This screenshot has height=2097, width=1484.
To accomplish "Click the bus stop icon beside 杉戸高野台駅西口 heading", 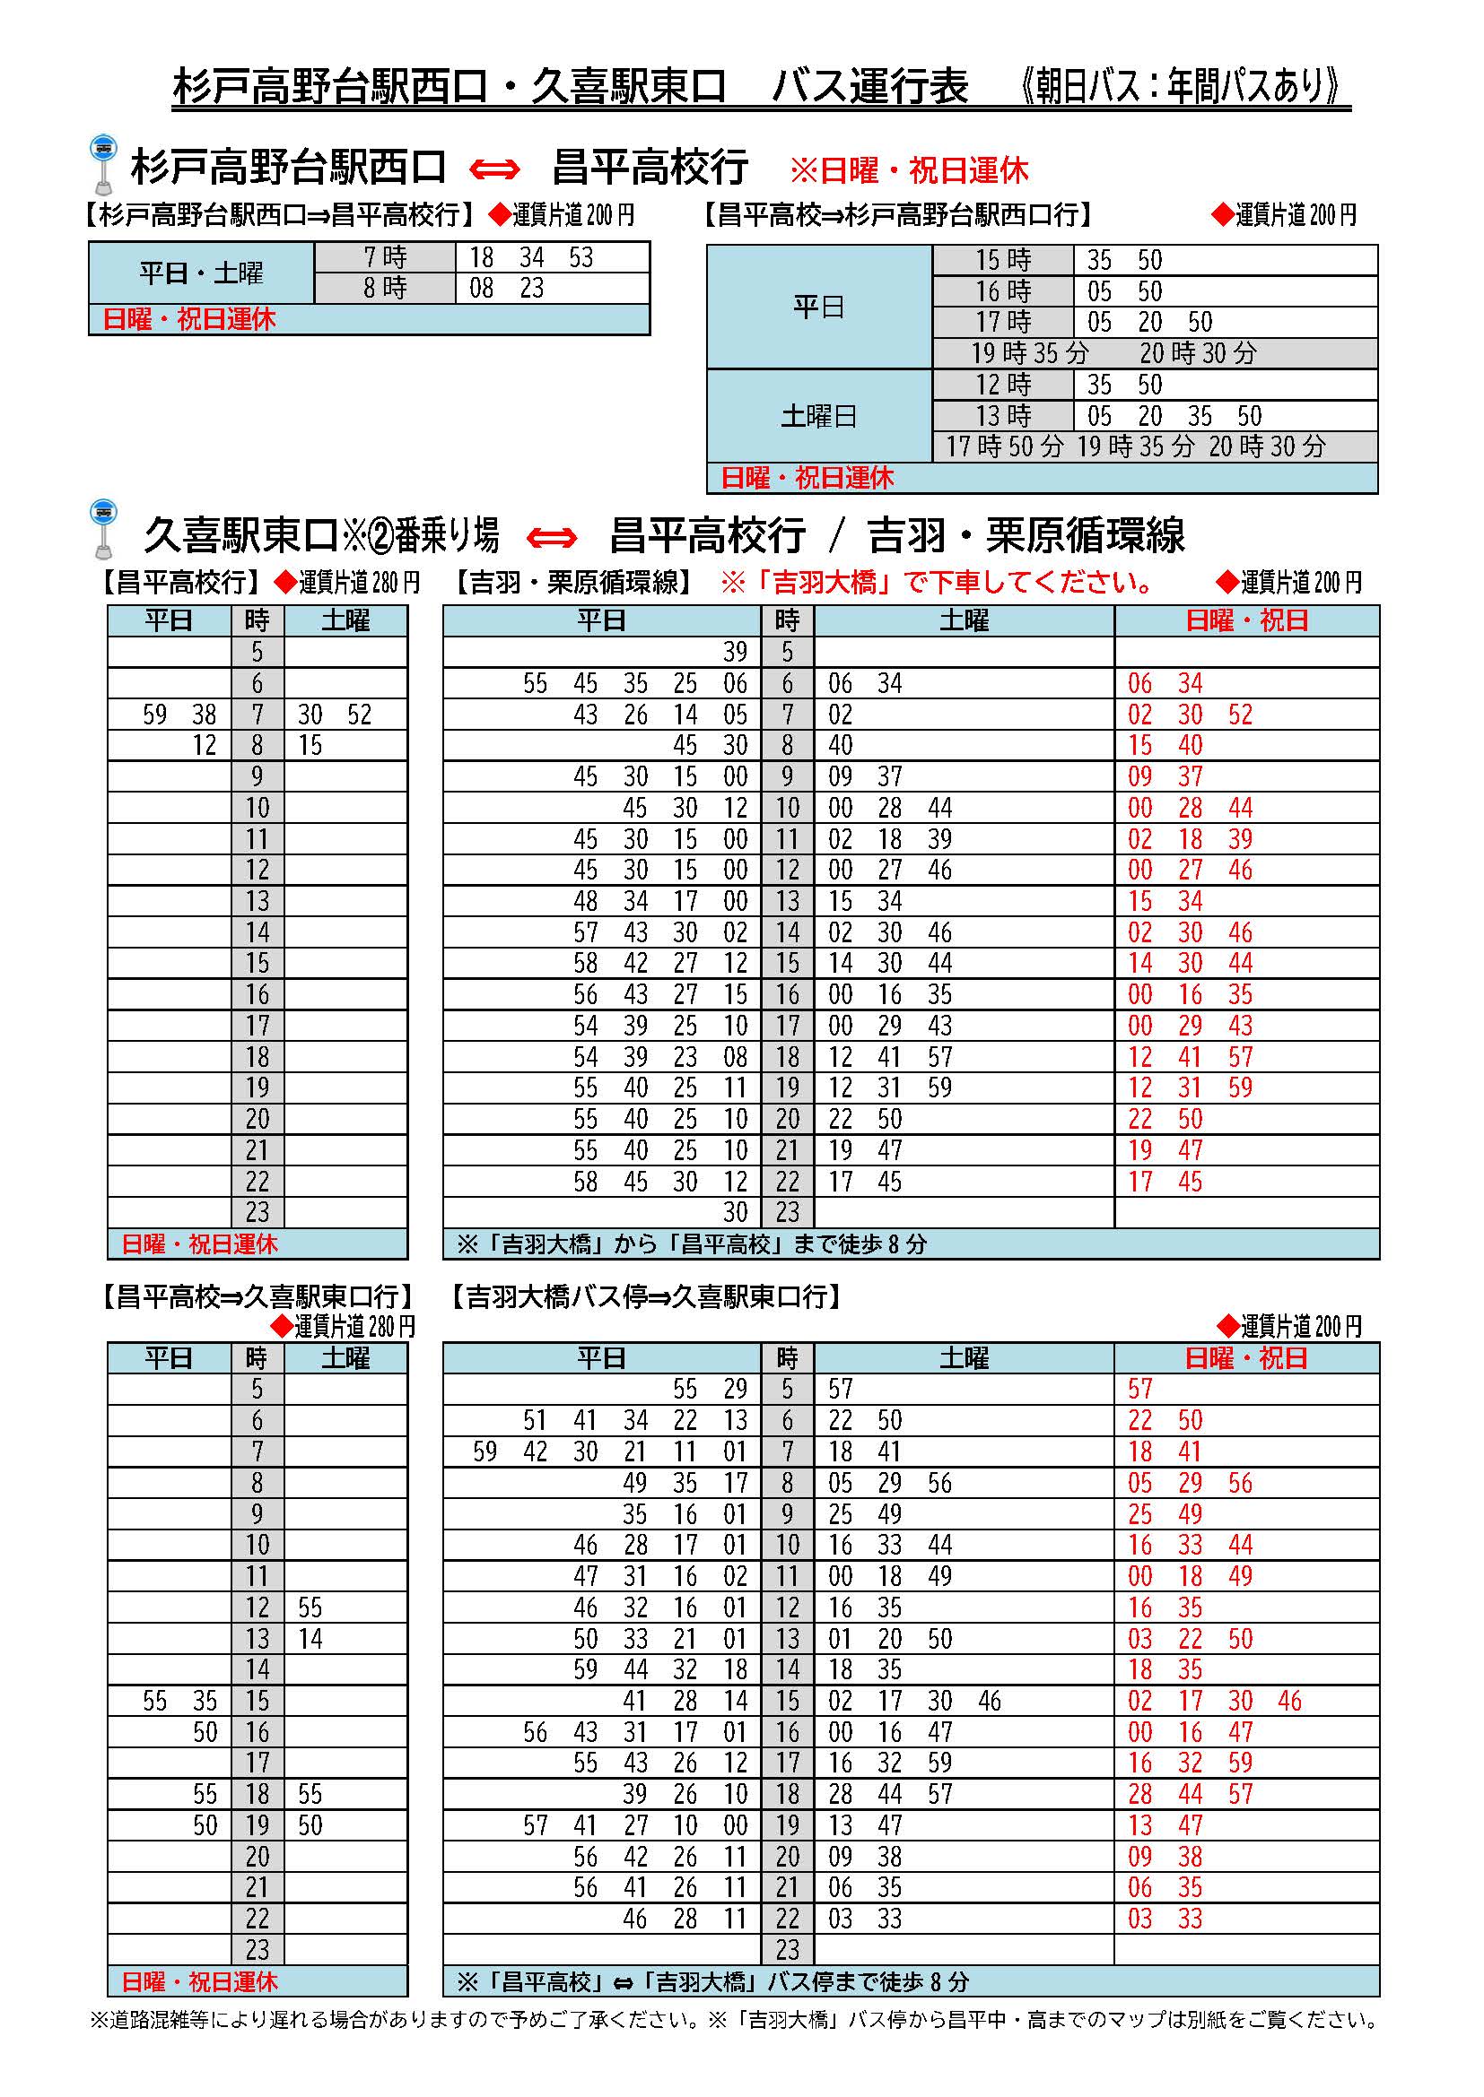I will tap(103, 164).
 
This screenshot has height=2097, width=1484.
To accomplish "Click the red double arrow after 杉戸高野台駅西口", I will tap(494, 169).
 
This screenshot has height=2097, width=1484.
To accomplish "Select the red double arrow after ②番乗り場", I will tap(552, 537).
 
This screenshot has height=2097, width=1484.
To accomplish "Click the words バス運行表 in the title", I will tap(869, 88).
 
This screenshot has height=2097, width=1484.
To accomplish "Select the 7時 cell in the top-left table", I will tap(385, 257).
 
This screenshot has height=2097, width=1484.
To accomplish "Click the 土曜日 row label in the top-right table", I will tap(818, 417).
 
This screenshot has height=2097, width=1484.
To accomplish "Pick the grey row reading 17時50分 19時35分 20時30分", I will tap(1135, 446).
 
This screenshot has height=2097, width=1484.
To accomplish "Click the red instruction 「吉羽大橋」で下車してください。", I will tap(938, 582).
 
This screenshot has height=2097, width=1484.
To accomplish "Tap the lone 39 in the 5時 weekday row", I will tap(735, 652).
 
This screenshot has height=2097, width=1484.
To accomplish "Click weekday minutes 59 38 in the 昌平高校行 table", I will tap(179, 715).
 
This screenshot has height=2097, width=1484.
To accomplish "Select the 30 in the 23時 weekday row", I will tap(735, 1213).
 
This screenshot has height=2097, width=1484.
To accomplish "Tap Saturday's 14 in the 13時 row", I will tap(310, 1639).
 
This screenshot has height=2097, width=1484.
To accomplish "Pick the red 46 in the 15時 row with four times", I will tap(1289, 1701).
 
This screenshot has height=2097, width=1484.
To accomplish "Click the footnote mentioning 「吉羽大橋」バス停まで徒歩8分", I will tap(711, 1982).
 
